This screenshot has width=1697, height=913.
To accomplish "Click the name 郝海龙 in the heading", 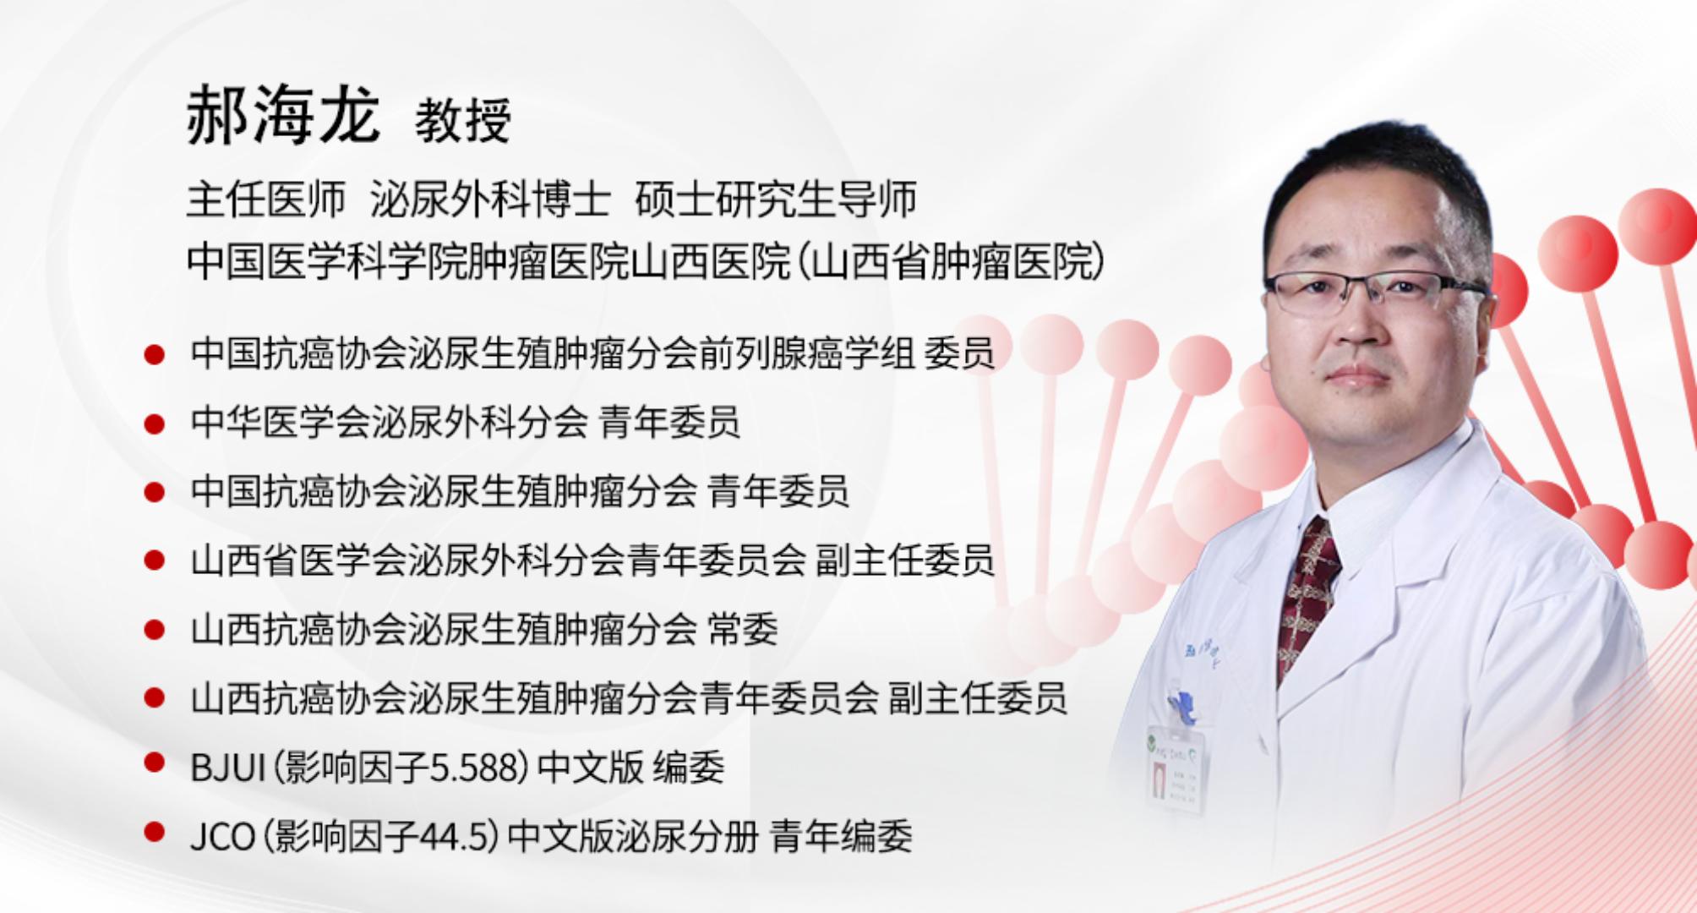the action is tap(283, 115).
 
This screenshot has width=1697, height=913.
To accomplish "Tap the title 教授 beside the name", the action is tap(463, 120).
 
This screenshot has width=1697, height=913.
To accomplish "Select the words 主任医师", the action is tap(266, 200).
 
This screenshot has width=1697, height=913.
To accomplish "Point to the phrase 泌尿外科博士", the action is tap(490, 200).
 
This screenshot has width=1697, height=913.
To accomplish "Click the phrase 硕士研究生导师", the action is tap(776, 200).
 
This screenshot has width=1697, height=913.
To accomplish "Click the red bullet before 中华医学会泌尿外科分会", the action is tap(154, 424).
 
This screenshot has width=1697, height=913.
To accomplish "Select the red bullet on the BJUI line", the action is tap(154, 763).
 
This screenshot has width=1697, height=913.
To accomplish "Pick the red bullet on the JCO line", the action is tap(154, 832).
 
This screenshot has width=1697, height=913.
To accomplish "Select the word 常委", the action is tap(743, 630).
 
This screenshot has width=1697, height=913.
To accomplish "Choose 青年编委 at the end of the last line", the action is tap(842, 837).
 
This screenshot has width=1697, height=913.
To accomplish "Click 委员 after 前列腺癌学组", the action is tap(959, 353).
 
